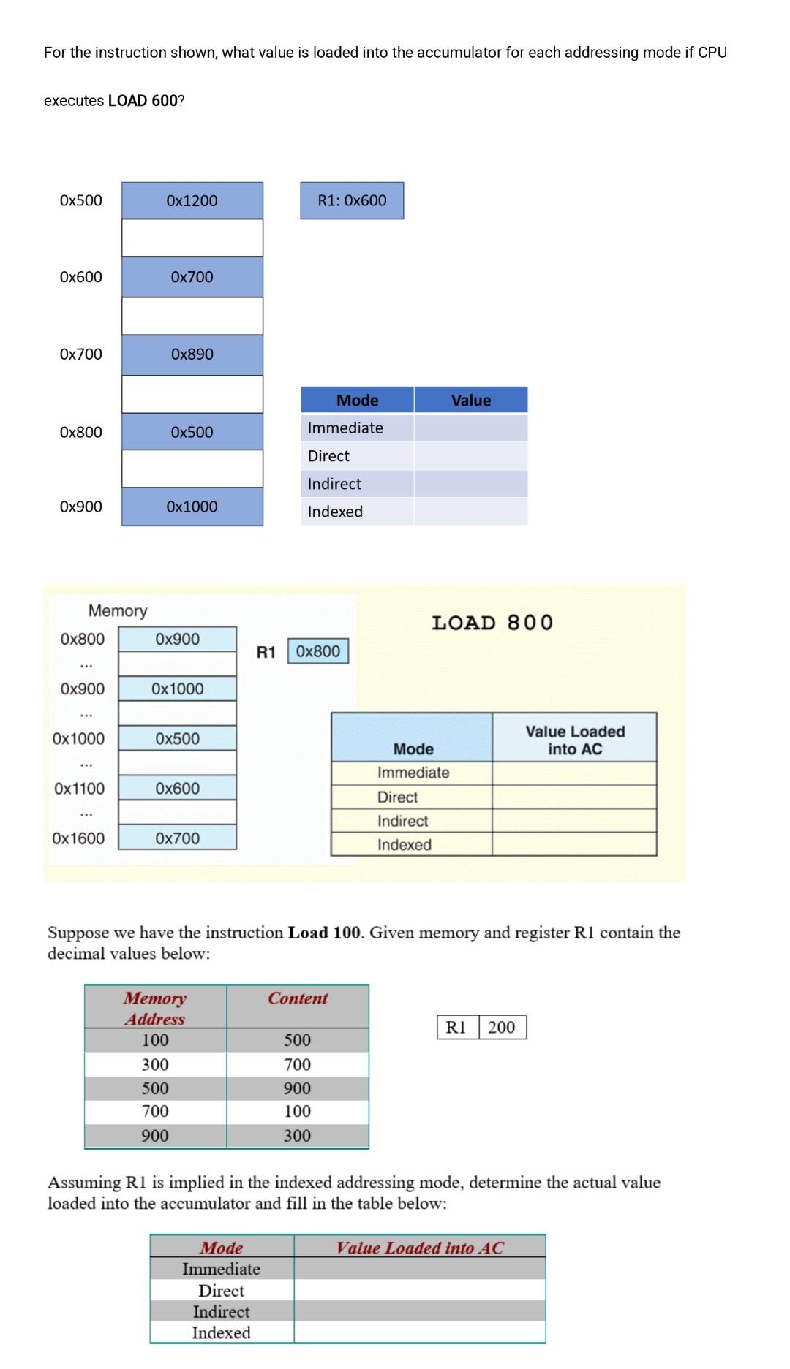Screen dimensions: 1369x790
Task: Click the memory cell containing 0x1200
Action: pos(192,200)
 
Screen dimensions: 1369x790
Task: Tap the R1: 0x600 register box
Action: pos(352,200)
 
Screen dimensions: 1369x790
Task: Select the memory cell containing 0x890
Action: pos(192,354)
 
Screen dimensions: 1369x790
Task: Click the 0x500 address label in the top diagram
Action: pos(81,200)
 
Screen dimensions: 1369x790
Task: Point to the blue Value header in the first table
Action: pos(470,401)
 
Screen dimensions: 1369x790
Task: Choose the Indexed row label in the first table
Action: pos(335,512)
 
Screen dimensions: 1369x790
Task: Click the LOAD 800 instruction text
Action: pos(492,623)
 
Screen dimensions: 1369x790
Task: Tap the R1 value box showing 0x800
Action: pos(318,651)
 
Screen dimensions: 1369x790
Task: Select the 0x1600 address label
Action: pos(78,838)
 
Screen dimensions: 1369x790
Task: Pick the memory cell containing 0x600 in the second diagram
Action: pos(177,788)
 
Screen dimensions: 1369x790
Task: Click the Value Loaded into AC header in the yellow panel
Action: pos(575,740)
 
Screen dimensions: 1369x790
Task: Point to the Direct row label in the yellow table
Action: pos(397,797)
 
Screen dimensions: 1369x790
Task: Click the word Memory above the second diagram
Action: pos(118,610)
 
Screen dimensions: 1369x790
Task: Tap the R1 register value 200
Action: pos(502,1027)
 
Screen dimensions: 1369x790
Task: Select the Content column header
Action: pos(298,998)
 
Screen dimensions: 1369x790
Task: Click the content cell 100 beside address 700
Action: pos(298,1111)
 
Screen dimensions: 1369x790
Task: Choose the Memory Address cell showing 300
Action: pos(155,1064)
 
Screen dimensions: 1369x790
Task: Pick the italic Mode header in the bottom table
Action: pos(222,1248)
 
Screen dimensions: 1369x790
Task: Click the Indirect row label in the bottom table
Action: pos(221,1311)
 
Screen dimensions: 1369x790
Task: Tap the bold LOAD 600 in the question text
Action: pos(142,101)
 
